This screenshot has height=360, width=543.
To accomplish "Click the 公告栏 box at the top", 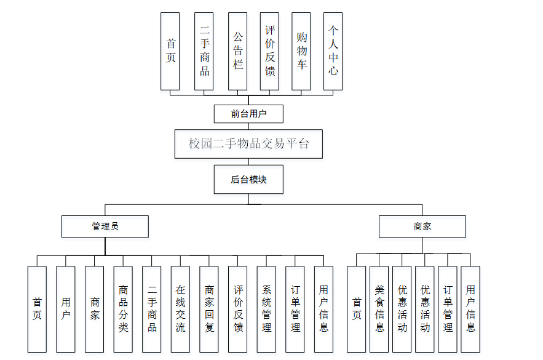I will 237,51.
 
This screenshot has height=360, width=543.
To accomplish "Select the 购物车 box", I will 301,51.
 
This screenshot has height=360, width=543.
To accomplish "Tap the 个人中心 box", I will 333,51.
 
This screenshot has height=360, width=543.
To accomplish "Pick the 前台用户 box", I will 248,114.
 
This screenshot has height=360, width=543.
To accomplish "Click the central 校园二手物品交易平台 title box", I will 248,144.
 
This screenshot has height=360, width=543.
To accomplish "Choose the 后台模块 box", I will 248,179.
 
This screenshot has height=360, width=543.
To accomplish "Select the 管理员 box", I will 105,226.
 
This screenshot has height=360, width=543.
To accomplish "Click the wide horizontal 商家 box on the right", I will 422,226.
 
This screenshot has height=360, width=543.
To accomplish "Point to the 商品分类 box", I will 123,308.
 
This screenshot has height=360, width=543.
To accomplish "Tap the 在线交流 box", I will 180,308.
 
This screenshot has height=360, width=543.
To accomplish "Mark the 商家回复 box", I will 209,308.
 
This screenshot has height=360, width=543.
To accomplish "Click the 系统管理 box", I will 266,308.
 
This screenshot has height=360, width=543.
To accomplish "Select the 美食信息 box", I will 379,308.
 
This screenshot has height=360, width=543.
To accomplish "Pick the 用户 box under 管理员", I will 66,308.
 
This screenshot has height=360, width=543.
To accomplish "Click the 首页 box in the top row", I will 170,51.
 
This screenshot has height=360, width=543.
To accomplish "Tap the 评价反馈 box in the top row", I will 269,51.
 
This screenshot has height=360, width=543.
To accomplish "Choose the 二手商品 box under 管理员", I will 152,308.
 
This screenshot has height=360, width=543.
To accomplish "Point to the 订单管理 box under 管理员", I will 295,308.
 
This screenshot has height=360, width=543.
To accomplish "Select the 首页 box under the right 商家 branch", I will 357,308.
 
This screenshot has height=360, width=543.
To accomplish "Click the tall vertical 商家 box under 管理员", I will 95,308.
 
